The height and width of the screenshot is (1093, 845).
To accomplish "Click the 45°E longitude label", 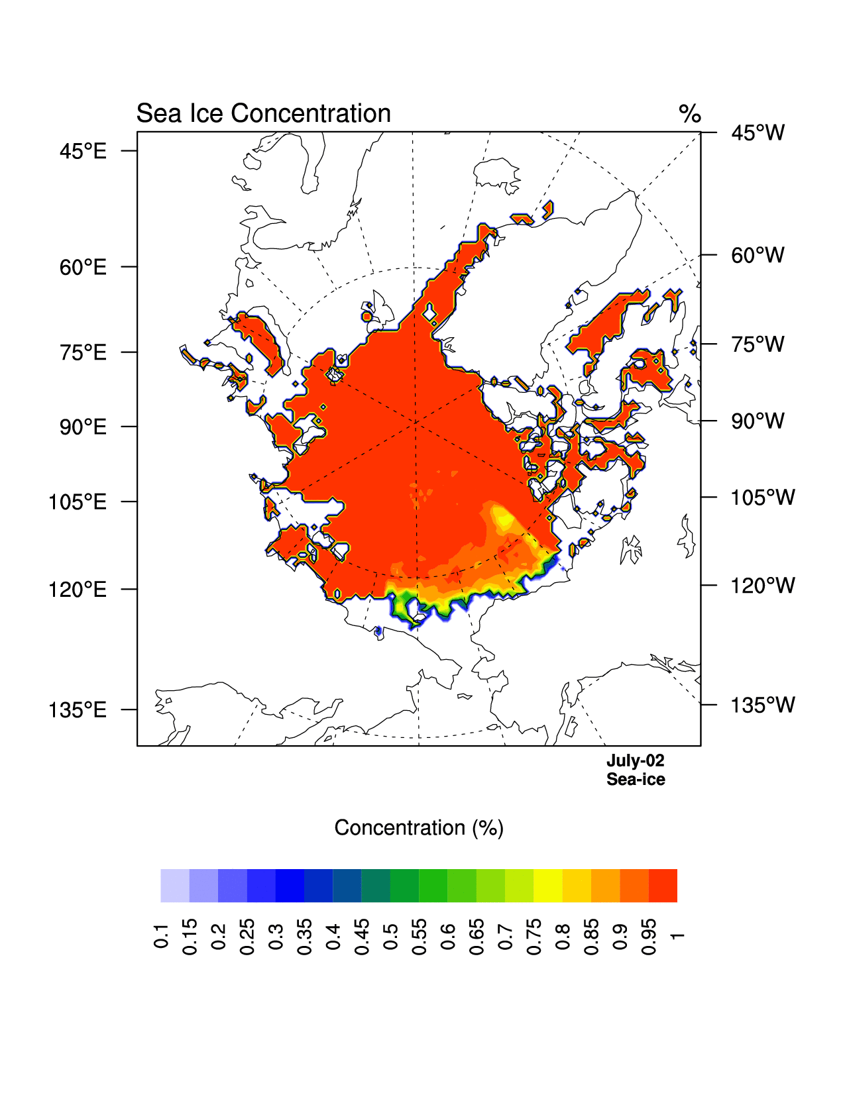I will (x=83, y=152).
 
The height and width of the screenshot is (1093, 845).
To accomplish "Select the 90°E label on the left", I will (x=83, y=427).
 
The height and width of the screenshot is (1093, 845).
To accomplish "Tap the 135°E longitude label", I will (x=78, y=710).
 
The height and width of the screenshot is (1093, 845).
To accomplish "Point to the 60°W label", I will (x=758, y=255).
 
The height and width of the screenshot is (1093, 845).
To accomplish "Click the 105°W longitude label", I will (x=762, y=497).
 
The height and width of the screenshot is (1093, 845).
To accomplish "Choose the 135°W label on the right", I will (x=762, y=705).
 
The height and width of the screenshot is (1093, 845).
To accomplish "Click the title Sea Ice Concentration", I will (x=263, y=114).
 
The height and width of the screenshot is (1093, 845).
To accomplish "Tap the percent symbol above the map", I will (x=689, y=114).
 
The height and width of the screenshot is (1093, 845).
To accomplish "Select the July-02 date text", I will (x=635, y=760).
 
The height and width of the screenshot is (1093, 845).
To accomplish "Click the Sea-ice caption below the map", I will (x=635, y=780).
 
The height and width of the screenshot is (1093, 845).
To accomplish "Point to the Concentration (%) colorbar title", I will (x=418, y=828).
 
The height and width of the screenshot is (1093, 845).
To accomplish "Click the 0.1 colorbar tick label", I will (x=161, y=935).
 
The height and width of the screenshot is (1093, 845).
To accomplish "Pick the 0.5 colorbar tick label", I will (x=390, y=935).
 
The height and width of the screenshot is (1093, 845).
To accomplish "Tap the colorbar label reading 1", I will (x=677, y=935).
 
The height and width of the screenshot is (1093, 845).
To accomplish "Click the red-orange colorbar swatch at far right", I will (x=663, y=886).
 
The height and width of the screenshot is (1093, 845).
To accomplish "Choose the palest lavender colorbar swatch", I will (x=175, y=886).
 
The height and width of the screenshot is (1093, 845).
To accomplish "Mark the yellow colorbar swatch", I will (x=548, y=886).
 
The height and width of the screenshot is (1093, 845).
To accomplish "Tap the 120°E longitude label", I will (x=78, y=590).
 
